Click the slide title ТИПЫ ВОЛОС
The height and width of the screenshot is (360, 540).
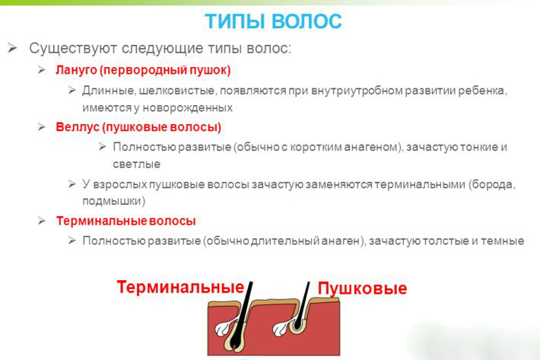273,21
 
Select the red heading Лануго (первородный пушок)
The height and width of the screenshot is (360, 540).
143,70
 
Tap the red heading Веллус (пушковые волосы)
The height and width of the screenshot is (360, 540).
138,127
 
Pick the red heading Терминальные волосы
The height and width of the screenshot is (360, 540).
126,221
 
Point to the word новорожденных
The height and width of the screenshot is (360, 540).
188,108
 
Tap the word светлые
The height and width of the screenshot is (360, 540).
137,164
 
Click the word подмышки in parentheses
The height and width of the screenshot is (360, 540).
113,201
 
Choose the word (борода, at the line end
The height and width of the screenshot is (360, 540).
492,185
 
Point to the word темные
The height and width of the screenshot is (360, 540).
503,241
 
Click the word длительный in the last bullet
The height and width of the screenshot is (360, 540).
285,241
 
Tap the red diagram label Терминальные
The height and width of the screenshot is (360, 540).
180,287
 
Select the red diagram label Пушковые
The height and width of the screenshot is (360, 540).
362,288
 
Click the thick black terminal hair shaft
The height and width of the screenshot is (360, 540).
243,313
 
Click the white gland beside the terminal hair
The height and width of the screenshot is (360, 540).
223,327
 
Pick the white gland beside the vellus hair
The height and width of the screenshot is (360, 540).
281,328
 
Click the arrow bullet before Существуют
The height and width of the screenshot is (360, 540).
12,48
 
